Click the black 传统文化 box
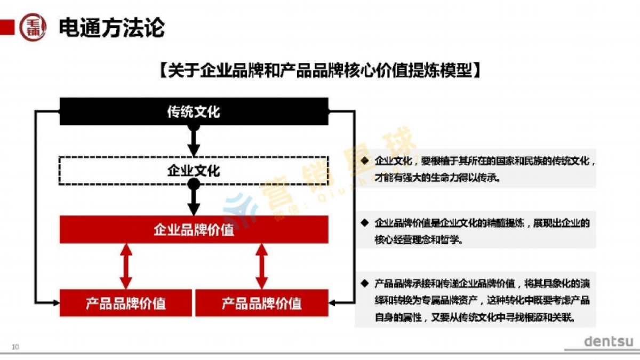(194, 111)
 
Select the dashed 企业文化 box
(194, 171)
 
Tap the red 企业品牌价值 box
(194, 230)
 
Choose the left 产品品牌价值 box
(125, 303)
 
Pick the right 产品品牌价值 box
(261, 303)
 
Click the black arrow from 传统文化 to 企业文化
(194, 140)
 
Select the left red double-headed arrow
(126, 266)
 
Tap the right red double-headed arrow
(261, 266)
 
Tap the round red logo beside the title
(33, 27)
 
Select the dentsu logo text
(608, 341)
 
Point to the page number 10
(15, 347)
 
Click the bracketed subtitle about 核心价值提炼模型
(319, 70)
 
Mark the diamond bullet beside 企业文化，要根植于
(365, 161)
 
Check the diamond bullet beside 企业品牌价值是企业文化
(365, 222)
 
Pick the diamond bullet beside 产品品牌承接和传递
(365, 283)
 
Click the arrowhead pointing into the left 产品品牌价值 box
(56, 303)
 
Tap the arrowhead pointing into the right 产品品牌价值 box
(332, 303)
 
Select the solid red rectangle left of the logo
(7, 27)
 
